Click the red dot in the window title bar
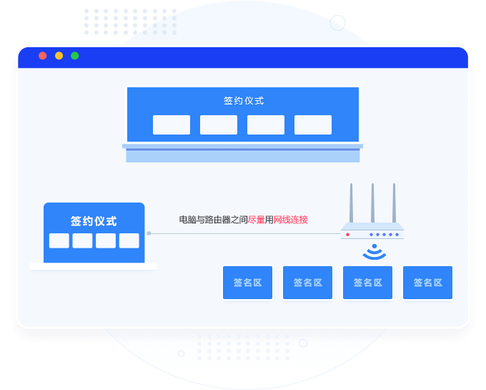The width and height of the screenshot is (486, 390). [43, 56]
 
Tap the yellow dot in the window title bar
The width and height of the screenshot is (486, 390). [59, 56]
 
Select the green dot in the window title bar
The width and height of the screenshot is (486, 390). [74, 56]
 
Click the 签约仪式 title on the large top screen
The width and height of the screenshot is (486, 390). [243, 101]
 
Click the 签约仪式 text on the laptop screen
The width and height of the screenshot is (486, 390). [94, 221]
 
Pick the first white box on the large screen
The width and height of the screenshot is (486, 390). [172, 125]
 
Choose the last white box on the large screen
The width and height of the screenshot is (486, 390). [313, 125]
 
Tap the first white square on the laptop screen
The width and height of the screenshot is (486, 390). [59, 240]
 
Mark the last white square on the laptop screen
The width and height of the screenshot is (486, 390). [129, 240]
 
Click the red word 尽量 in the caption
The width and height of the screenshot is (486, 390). [257, 220]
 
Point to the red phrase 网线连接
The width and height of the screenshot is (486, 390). [291, 220]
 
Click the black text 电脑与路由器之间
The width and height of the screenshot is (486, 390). [213, 220]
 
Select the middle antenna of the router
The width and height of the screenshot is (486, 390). [372, 204]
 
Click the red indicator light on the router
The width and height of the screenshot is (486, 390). [348, 234]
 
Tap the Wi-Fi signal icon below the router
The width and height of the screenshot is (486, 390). [373, 252]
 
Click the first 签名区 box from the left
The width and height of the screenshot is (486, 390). [247, 283]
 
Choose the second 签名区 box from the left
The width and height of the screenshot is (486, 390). [307, 283]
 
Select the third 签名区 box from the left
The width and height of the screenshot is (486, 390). [367, 283]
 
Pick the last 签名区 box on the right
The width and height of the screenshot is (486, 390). [427, 283]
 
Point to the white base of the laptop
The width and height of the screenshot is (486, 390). [93, 266]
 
